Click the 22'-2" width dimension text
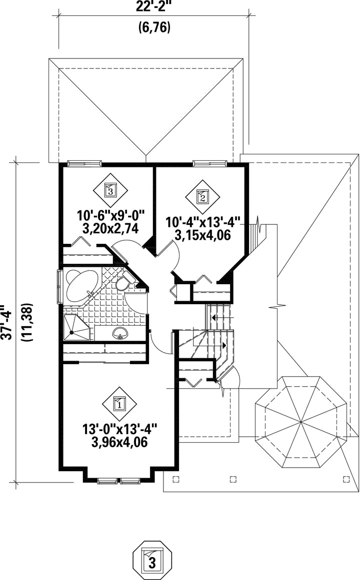click(x=154, y=6)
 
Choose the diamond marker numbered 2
click(x=202, y=197)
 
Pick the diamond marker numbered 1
click(x=119, y=403)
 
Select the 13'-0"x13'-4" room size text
click(x=119, y=429)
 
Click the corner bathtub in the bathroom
click(x=78, y=286)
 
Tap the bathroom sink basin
click(x=119, y=333)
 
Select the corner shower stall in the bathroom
click(x=76, y=328)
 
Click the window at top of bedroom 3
click(x=84, y=163)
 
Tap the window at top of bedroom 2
click(x=210, y=163)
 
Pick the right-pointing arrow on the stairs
click(x=223, y=345)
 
